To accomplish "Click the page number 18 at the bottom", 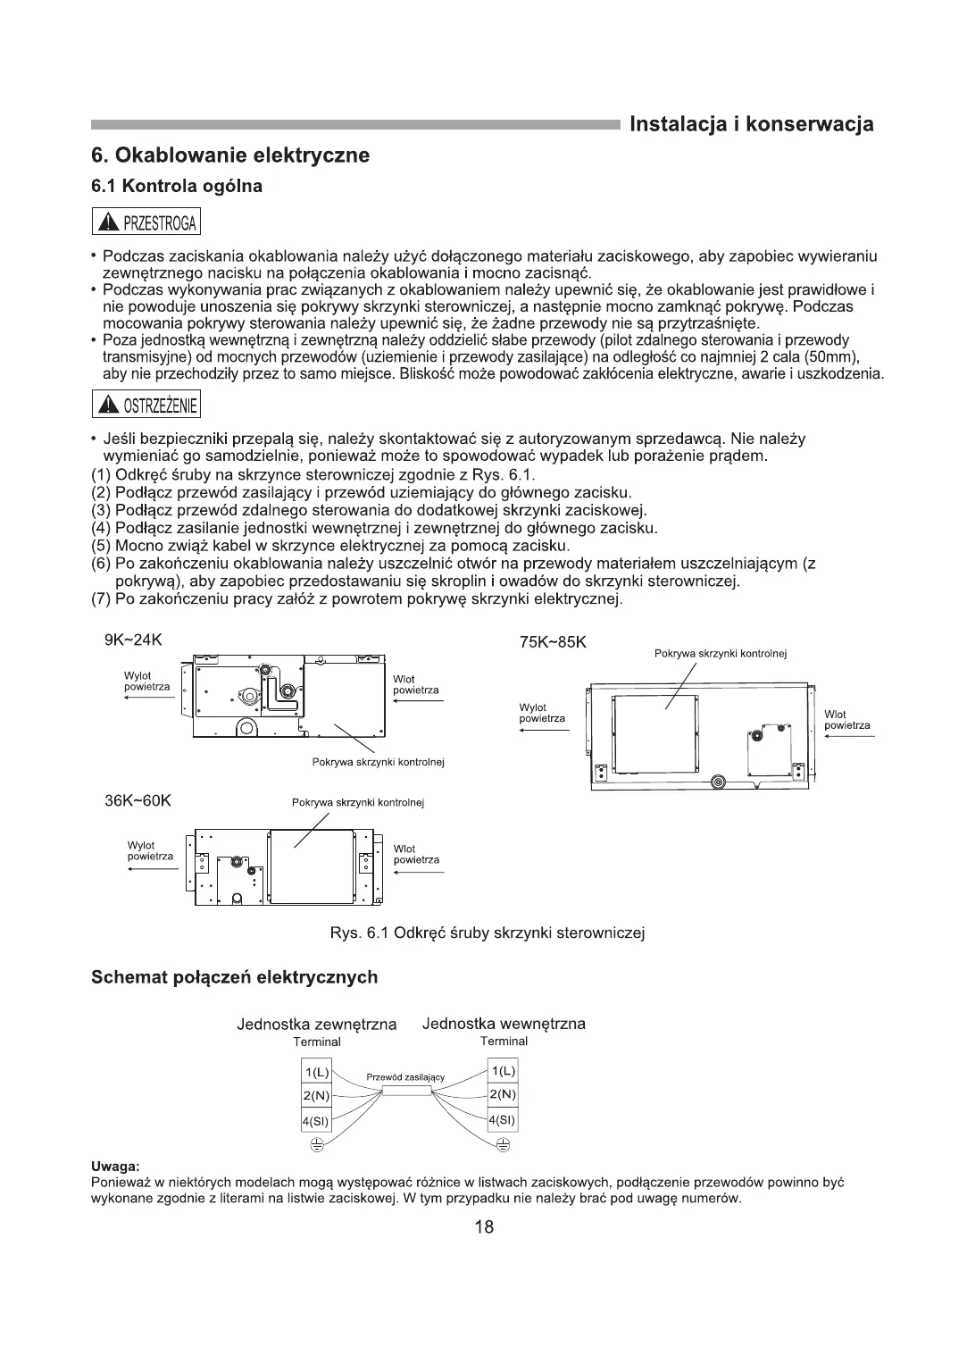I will tap(484, 1226).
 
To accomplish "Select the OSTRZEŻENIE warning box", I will tap(146, 406).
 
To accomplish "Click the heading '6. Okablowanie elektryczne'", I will tap(230, 155).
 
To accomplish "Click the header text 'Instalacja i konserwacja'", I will tap(751, 124).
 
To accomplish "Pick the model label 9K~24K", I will tap(134, 640).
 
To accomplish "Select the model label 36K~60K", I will tap(138, 800).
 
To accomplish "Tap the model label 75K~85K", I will tap(553, 643).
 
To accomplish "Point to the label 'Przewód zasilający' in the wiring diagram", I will tap(405, 1077).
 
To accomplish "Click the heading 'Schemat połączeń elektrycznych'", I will tap(235, 977).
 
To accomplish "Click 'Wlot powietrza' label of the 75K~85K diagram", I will tap(846, 720).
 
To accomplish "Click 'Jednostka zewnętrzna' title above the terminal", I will tap(316, 1025).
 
